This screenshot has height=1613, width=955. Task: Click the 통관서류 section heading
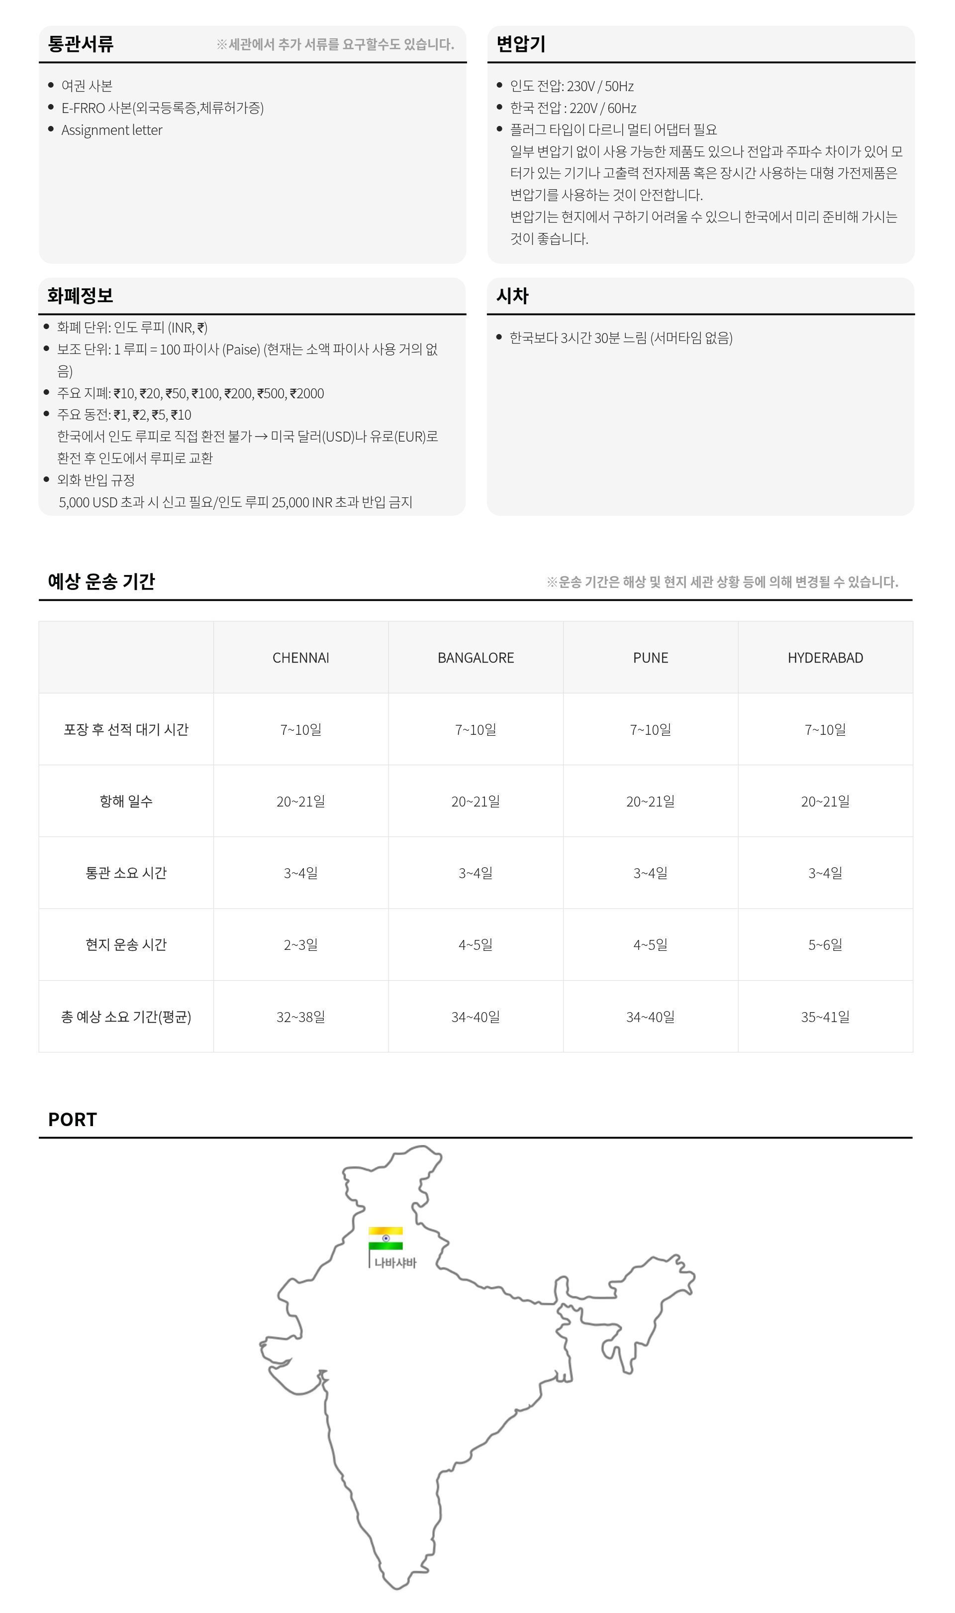[x=81, y=44]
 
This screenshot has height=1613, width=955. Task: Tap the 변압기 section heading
[x=521, y=44]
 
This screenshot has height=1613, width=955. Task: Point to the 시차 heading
[x=512, y=296]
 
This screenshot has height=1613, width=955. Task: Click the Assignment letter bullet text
[x=112, y=130]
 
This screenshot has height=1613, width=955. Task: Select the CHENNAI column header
[x=300, y=658]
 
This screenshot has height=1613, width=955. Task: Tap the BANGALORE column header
[x=476, y=658]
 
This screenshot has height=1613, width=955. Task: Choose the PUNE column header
[x=651, y=658]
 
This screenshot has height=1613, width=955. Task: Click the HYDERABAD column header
[x=825, y=658]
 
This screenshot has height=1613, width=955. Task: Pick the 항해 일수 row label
[x=126, y=801]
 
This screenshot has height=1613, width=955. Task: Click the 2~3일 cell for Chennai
[x=300, y=944]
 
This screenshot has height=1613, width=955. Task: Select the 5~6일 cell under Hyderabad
[x=825, y=944]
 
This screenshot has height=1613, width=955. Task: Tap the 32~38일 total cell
[x=300, y=1017]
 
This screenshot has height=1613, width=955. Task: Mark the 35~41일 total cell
[x=825, y=1017]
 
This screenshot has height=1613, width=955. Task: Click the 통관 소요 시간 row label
[x=126, y=873]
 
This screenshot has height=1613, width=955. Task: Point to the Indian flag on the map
[x=385, y=1238]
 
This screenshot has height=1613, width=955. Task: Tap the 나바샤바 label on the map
[x=395, y=1263]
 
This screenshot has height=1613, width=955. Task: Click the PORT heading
[x=72, y=1120]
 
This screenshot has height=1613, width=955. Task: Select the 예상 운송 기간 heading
[x=101, y=581]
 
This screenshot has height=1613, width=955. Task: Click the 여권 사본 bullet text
[x=87, y=86]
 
